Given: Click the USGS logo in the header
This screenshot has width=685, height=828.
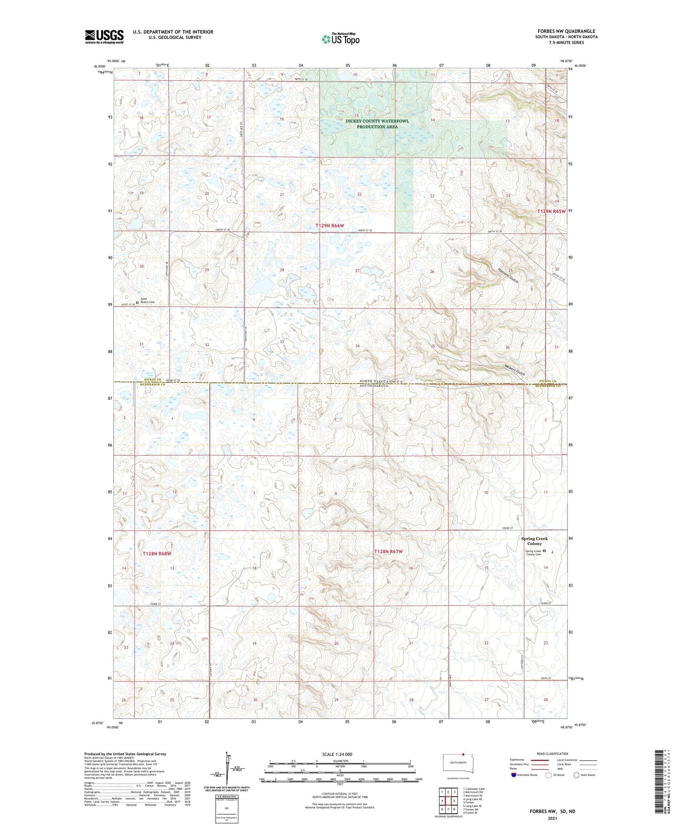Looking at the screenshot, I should click(x=104, y=37).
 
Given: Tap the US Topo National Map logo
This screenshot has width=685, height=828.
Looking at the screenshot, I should click(x=340, y=39).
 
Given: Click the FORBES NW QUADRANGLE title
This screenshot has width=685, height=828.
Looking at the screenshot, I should click(x=566, y=31).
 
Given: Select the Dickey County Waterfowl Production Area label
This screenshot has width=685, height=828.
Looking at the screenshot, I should click(x=377, y=124).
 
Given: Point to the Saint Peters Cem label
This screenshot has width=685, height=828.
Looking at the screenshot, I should click(x=147, y=301).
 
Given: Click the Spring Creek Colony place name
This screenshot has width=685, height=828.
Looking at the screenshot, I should click(x=534, y=541).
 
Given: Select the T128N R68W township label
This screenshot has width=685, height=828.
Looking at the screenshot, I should click(x=156, y=553).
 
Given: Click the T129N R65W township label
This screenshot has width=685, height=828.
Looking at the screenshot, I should click(x=551, y=211).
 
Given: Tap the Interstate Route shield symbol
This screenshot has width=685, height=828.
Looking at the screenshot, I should click(x=514, y=775).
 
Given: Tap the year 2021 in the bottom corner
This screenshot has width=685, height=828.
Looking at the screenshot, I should click(x=552, y=818).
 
